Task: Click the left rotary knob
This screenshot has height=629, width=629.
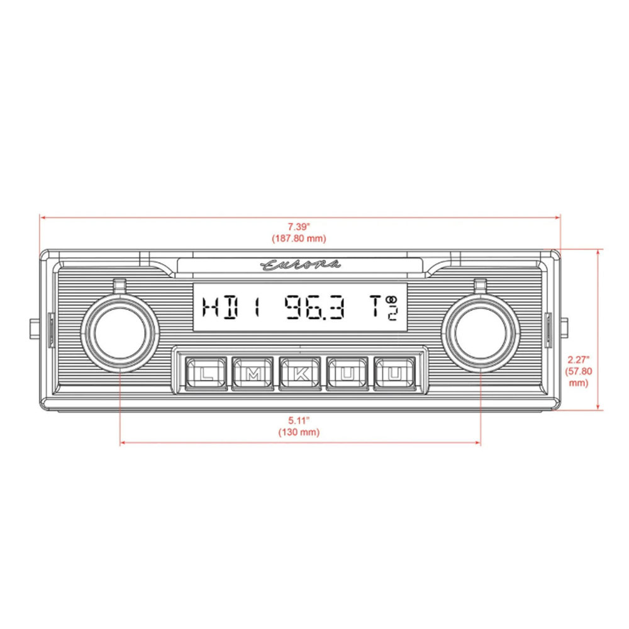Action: [x=120, y=331]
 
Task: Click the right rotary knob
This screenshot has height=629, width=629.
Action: [x=482, y=331]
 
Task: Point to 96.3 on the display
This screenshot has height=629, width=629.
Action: [x=314, y=308]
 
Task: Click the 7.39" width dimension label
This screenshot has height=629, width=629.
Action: [x=299, y=227]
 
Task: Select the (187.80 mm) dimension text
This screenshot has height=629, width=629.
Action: [x=299, y=238]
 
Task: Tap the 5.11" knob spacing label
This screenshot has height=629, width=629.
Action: [x=299, y=421]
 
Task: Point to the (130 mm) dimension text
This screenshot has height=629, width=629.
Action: [x=299, y=432]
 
